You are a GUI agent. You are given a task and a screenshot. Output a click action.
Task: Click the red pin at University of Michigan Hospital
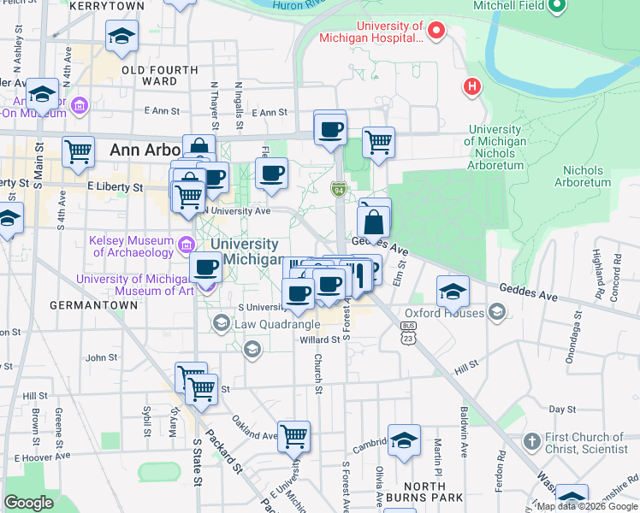pos(436,32)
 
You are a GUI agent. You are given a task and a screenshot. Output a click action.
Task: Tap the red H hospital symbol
pos(471,86)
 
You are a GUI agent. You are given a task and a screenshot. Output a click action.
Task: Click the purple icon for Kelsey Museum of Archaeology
pos(185,247)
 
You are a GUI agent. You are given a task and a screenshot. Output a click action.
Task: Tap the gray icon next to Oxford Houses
pos(496,313)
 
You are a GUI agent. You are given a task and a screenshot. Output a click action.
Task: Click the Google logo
pos(28,502)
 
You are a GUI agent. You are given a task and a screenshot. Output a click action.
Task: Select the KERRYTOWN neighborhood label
pos(107,6)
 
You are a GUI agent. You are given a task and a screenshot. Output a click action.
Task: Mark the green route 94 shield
pos(339,189)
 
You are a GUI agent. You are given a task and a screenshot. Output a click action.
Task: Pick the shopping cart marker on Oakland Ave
pos(293,436)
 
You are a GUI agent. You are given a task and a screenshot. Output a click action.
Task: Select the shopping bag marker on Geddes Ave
pos(375,221)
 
